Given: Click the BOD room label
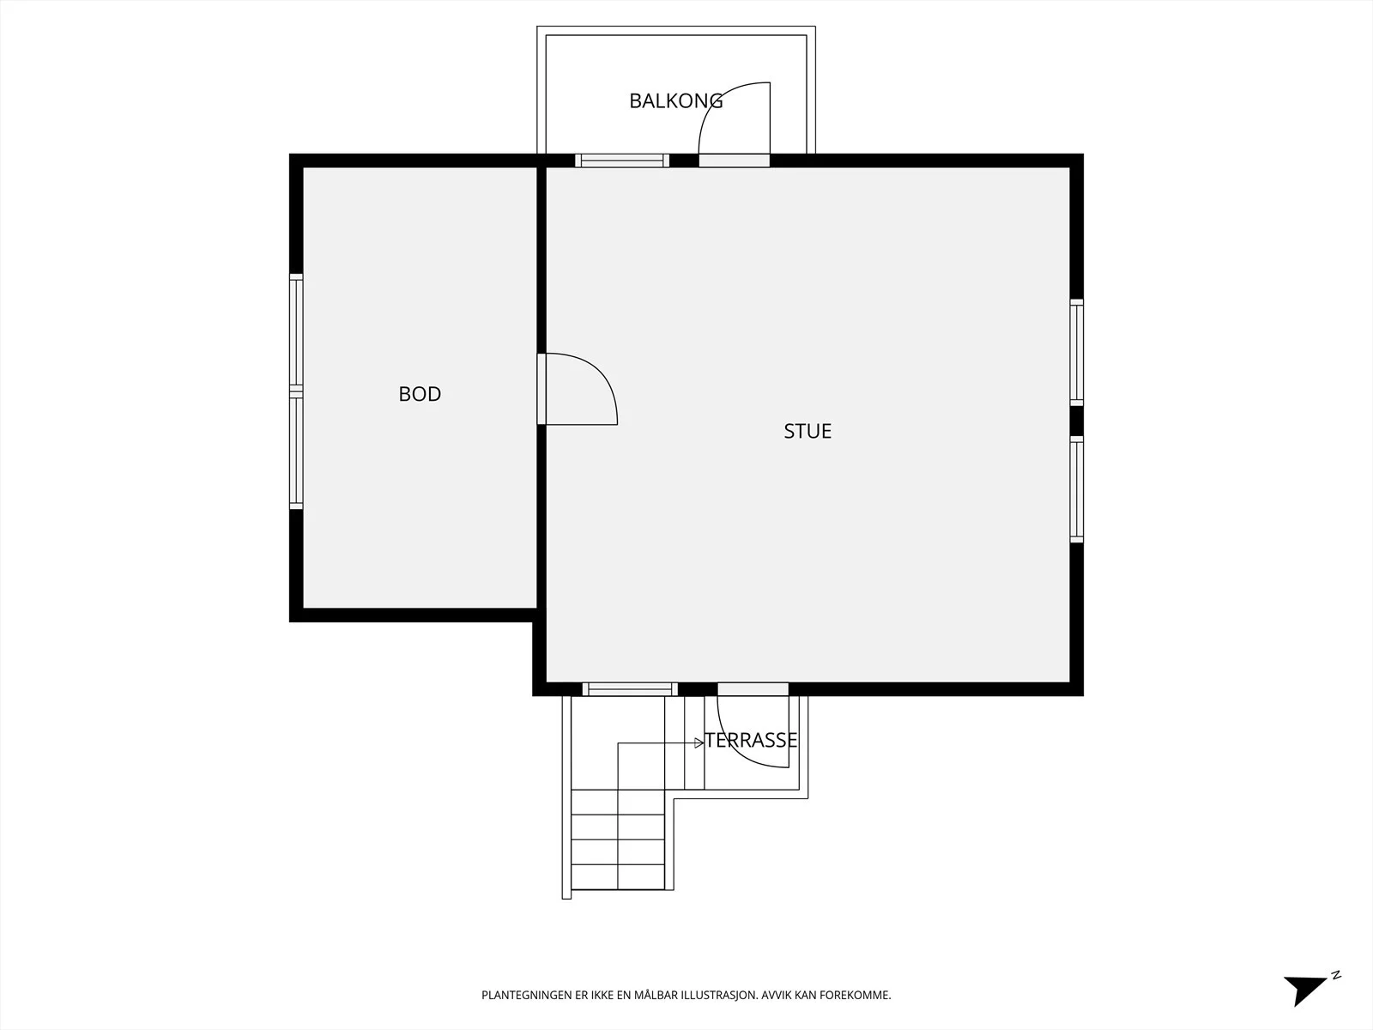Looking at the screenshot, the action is point(420,394).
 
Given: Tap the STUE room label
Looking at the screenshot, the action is point(807,432).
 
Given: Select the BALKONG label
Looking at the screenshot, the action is point(675,100).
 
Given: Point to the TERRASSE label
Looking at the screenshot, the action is point(751,741).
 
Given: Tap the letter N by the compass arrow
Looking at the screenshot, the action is point(1336,975).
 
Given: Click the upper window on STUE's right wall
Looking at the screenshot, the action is point(1076,353).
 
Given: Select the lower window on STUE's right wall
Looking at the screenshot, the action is point(1076,489).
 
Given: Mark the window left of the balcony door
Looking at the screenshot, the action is point(622,161).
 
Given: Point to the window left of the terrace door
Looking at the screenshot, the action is point(630,689).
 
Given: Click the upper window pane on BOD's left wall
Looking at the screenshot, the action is point(296,332).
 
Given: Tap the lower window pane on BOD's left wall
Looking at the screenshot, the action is point(296,451).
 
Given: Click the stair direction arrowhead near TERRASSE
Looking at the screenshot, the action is point(699,743).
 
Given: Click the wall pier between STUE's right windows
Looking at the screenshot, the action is point(1076,421).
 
